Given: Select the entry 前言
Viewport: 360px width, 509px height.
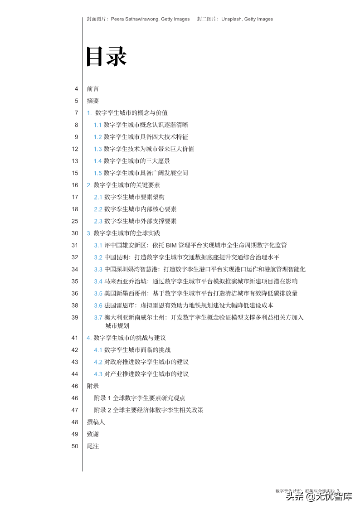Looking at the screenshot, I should click(93, 89).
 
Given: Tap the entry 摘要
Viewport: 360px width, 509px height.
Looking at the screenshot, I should click(93, 101).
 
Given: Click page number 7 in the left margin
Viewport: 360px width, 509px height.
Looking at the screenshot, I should click(77, 113).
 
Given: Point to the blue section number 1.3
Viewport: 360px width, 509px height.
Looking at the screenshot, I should click(97, 149).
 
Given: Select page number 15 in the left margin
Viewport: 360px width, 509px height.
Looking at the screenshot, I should click(75, 173).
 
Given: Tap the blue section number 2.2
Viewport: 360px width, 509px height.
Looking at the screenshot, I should click(98, 209).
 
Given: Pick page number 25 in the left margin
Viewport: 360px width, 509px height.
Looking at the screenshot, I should click(75, 221).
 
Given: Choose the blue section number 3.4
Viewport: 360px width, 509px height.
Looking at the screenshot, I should click(98, 281).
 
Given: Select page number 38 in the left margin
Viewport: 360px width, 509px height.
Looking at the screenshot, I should click(75, 305).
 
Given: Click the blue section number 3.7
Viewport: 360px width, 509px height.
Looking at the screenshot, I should click(98, 317).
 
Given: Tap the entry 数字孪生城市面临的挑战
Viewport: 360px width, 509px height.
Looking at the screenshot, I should click(137, 350).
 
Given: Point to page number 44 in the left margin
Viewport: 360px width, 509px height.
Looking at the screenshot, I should click(75, 374).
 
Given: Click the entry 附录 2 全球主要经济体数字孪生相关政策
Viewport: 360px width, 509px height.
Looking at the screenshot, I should click(149, 410).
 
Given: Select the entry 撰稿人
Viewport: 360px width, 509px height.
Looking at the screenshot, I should click(96, 422).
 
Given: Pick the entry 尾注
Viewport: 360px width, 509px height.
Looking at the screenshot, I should click(93, 446).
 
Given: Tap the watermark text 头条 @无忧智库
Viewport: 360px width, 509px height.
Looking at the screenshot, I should click(319, 497).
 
